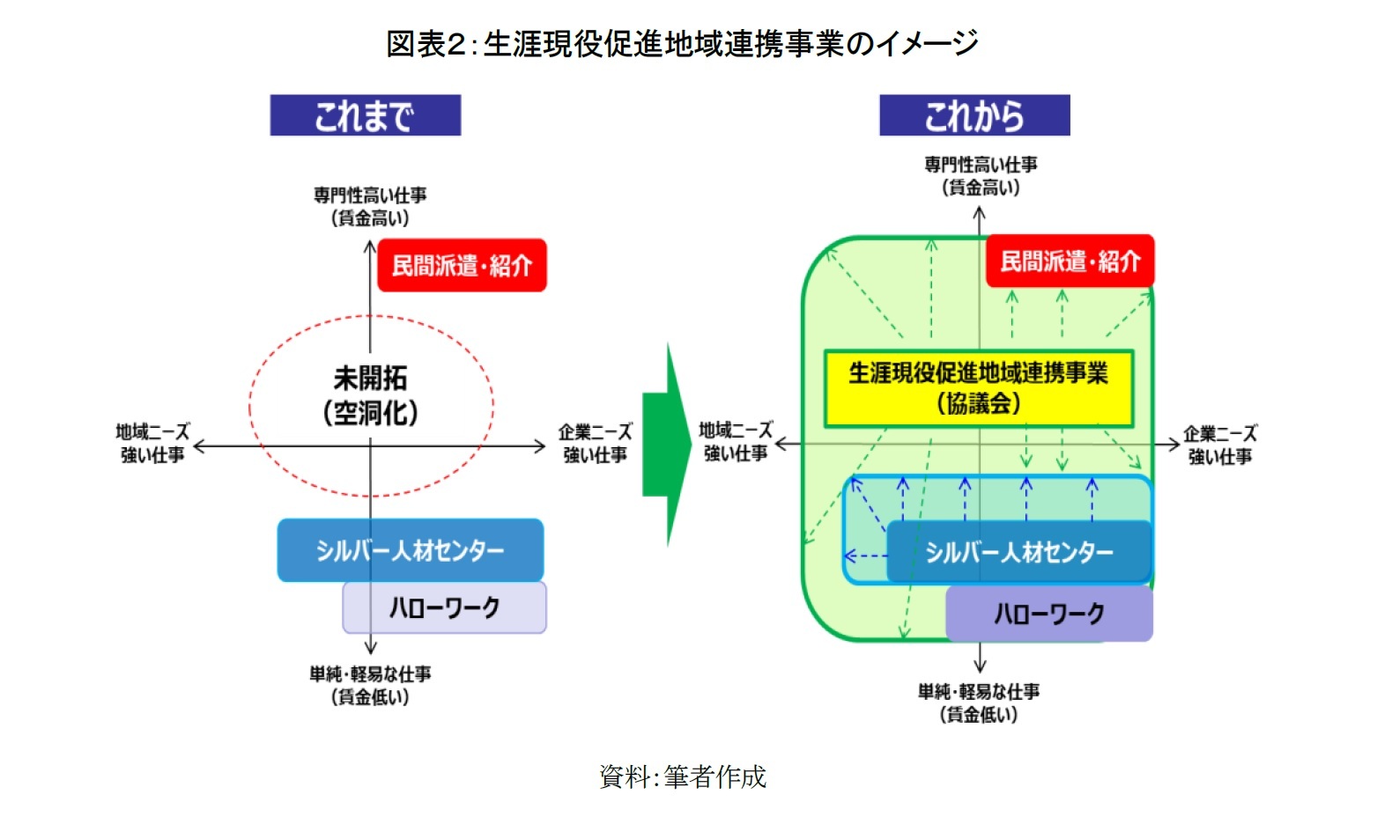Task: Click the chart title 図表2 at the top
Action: pos(682,42)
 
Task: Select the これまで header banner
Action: pos(365,115)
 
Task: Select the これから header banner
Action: pos(974,115)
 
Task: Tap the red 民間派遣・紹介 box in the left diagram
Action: pos(462,265)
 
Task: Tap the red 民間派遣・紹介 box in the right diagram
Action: pos(1070,261)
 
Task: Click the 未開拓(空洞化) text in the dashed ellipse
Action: pos(370,395)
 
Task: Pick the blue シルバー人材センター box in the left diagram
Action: pos(410,550)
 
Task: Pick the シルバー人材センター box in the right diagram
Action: pos(1018,552)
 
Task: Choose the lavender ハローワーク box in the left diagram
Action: pos(444,607)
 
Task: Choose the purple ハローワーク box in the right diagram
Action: pos(1048,614)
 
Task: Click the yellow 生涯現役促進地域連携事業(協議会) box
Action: pos(978,388)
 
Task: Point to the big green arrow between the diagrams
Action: pos(667,445)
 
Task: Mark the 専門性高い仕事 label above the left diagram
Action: pos(370,206)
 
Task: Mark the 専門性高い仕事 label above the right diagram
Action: pos(981,175)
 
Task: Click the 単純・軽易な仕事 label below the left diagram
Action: pos(370,685)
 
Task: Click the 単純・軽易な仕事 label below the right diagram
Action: pos(979,703)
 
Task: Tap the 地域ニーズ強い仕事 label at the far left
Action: pos(152,443)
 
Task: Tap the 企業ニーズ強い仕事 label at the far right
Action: pos(1220,445)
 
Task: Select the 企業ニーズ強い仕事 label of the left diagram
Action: pos(595,443)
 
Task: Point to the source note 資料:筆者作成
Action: pos(683,777)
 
